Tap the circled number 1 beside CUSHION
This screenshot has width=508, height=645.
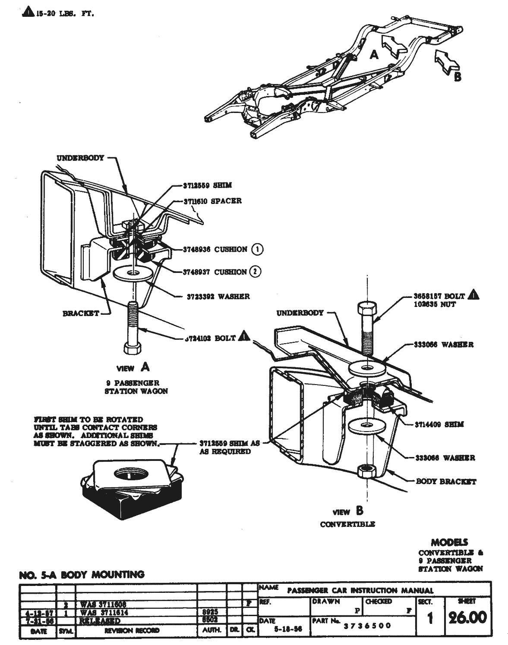257,249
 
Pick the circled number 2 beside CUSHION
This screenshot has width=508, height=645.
256,272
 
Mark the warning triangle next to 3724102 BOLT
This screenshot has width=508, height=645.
244,336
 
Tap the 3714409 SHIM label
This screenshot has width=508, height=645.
439,424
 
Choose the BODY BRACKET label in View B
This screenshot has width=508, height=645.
445,482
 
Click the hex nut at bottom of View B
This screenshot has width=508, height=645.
366,470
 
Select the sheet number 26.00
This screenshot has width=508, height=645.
467,617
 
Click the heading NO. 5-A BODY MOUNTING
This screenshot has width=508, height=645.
82,574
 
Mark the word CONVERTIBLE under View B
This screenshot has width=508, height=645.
347,524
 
